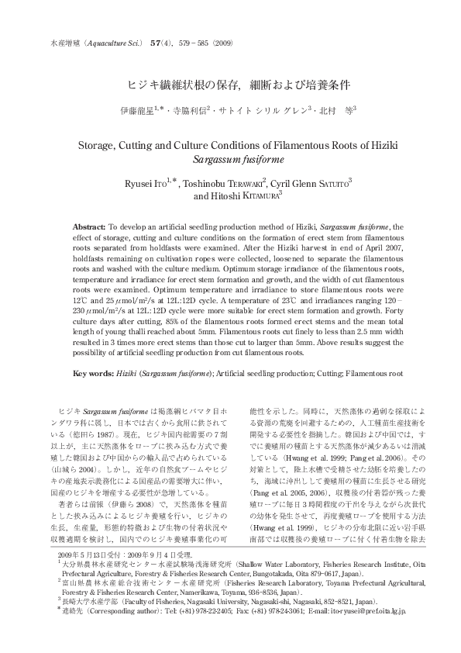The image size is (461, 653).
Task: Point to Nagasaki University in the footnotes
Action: pyautogui.click(x=215, y=622)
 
